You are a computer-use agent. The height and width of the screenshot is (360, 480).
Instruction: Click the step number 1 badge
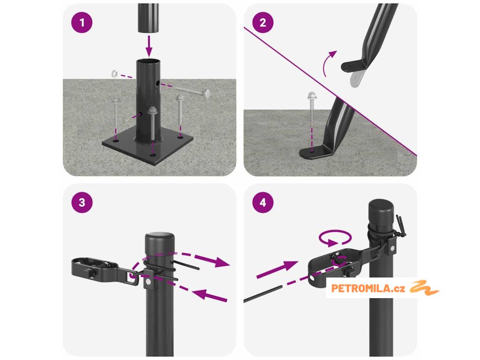point(82,22)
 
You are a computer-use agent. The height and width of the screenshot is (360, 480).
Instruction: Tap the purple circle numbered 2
point(263,22)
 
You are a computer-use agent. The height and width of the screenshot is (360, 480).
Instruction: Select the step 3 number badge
point(82,202)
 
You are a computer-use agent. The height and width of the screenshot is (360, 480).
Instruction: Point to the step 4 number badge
point(263,202)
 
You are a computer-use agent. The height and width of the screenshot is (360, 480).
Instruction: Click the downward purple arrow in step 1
point(149,46)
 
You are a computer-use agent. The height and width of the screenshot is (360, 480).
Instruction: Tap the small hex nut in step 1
point(114,74)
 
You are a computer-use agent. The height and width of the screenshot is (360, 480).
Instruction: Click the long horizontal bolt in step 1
point(192,91)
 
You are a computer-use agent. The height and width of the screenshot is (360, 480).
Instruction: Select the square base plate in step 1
point(148,147)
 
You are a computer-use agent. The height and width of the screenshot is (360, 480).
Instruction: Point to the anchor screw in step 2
point(312,109)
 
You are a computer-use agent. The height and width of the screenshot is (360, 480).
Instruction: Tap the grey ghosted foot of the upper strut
point(357,79)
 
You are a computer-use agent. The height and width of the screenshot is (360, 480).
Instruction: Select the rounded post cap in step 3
point(159,242)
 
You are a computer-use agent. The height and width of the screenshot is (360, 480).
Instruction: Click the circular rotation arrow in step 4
point(335,238)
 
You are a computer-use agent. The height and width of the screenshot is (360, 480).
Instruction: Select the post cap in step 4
point(381,211)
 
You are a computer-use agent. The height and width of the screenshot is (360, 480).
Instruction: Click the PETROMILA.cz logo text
point(368,288)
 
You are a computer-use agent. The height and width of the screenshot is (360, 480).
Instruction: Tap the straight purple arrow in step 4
point(277,270)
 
